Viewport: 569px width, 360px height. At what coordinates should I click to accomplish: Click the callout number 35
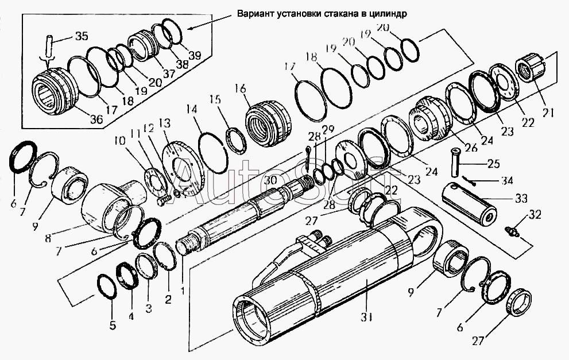point(82,36)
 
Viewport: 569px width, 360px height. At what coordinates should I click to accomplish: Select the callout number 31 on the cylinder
point(366,317)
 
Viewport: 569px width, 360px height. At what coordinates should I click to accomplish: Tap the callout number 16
point(240,88)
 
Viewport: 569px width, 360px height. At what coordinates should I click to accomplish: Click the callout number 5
point(113,325)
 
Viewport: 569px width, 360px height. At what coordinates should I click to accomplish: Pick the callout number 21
point(547,113)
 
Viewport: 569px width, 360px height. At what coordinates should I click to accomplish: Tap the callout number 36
point(96,119)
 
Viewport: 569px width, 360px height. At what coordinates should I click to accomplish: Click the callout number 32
point(535,215)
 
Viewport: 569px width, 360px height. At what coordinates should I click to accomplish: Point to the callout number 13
point(167,123)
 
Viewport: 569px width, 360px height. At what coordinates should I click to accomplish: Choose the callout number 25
point(493,164)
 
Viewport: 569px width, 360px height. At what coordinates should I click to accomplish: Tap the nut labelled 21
point(531,70)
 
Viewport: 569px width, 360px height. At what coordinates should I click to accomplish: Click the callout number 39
point(195,56)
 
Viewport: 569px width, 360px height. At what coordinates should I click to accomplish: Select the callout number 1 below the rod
point(182,290)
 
